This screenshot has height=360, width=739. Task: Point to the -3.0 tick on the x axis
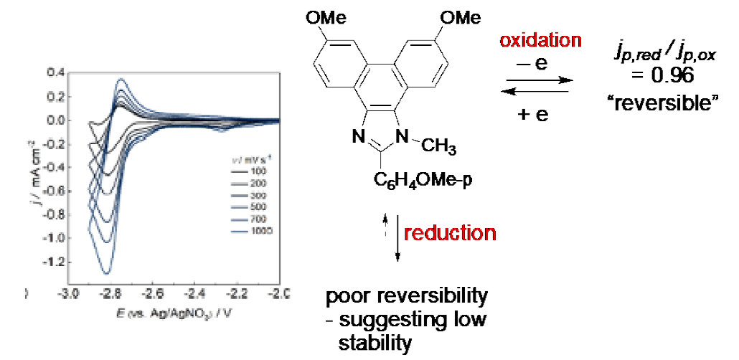(68, 294)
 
